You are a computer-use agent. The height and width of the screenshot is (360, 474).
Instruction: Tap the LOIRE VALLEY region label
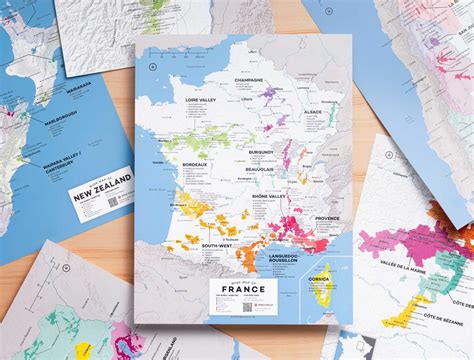tap(203, 100)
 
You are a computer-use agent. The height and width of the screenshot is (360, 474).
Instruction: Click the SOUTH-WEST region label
tap(218, 245)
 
